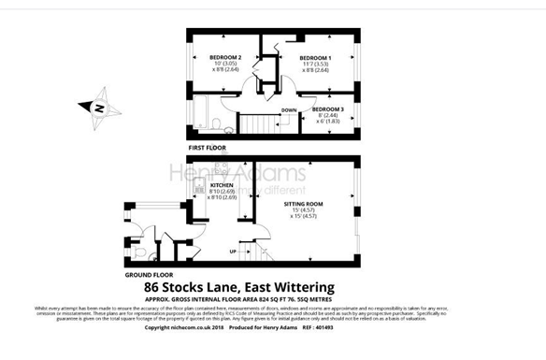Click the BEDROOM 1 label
pyautogui.click(x=315, y=57)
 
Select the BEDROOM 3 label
pyautogui.click(x=328, y=109)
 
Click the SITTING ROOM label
pyautogui.click(x=304, y=203)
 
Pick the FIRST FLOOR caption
pyautogui.click(x=208, y=149)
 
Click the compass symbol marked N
pyautogui.click(x=97, y=106)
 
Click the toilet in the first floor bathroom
pyautogui.click(x=216, y=125)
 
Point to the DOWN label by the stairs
pyautogui.click(x=289, y=109)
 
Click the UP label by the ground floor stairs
pyautogui.click(x=233, y=252)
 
